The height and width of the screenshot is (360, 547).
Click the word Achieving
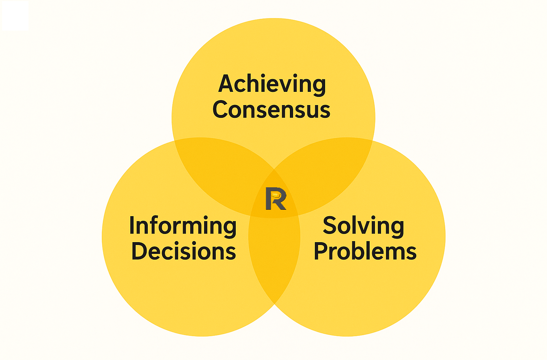tap(272, 84)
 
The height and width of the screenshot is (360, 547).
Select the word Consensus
tap(271, 109)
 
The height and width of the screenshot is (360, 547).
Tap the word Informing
tap(183, 226)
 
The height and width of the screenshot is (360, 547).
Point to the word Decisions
tap(184, 251)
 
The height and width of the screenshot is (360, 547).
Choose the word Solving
tap(363, 226)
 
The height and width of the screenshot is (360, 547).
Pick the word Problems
tap(365, 251)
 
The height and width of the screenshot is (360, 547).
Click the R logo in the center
tap(276, 199)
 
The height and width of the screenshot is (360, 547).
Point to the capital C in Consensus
tap(220, 109)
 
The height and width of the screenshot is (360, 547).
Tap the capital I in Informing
tap(132, 225)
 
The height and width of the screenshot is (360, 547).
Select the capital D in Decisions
tap(139, 251)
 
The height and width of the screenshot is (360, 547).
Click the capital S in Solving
tap(330, 225)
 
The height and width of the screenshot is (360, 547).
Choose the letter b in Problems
tap(359, 251)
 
